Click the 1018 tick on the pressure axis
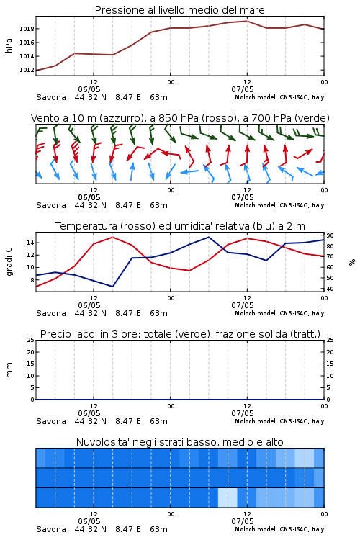(27, 29)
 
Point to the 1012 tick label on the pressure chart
(27, 71)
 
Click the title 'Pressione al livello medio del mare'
(180, 10)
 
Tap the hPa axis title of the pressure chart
(9, 46)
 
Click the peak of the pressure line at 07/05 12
(247, 21)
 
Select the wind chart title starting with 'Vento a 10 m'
(180, 118)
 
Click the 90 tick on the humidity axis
(330, 235)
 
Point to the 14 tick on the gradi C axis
(30, 243)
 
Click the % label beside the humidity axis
(352, 262)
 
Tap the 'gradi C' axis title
(9, 261)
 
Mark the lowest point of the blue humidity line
(112, 287)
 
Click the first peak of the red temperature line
(112, 237)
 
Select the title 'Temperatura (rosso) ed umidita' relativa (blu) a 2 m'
(180, 226)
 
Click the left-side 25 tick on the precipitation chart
(31, 340)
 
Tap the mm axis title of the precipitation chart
(9, 370)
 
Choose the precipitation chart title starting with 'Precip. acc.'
(180, 334)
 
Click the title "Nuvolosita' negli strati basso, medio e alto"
(180, 442)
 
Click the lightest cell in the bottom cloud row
(228, 498)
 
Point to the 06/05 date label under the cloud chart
(89, 521)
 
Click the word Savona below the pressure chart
(51, 97)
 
